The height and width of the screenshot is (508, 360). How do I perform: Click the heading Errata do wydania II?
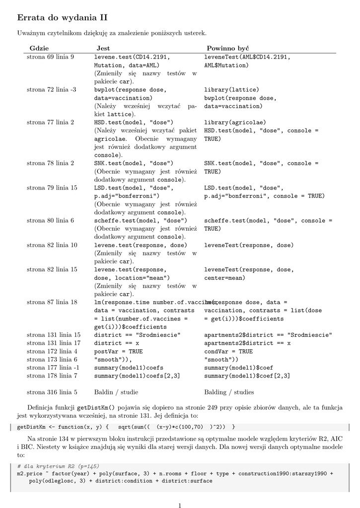coord(62,18)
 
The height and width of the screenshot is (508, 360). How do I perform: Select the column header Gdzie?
coord(39,48)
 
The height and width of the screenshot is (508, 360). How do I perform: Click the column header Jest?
coord(102,48)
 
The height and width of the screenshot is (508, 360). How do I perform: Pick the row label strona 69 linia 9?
coord(50,57)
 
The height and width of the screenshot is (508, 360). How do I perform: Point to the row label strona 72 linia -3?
coord(51,90)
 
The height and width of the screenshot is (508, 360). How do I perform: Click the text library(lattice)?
coord(231,90)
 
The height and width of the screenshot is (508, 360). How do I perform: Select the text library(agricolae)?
coord(235,122)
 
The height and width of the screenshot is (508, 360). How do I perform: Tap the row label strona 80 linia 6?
coord(50,220)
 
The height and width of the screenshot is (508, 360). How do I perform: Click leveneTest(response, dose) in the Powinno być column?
coord(249,245)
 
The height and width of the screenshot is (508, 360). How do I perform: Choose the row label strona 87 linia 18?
coord(52,302)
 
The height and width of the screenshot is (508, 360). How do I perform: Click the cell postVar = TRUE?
coord(118,351)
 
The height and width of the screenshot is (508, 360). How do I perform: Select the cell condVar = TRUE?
coord(228,351)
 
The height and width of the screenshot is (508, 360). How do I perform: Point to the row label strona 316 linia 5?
coord(52,392)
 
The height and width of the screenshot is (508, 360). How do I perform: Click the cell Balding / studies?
coord(229,392)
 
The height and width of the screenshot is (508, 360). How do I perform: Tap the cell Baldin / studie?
coord(116,392)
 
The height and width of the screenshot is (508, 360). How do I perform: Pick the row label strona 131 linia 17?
coord(53,343)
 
